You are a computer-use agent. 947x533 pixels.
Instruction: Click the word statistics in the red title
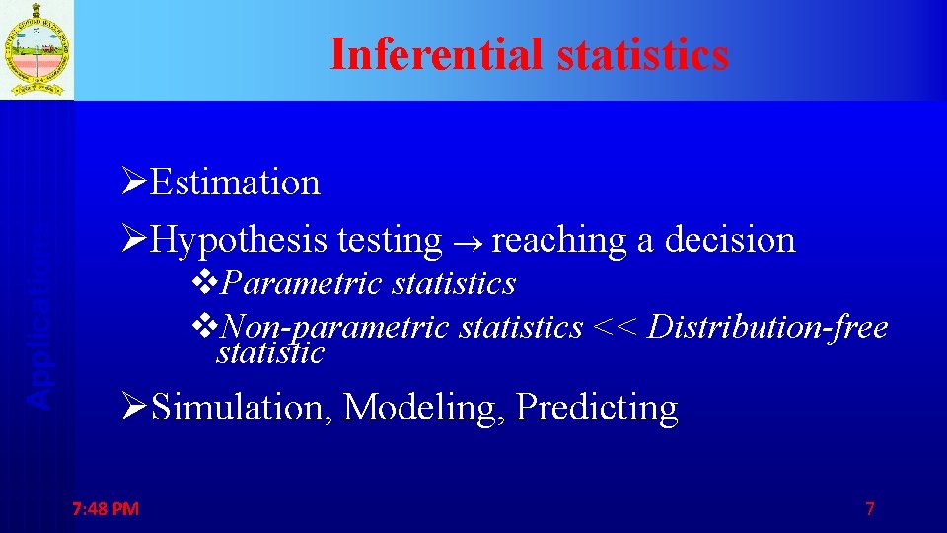642,54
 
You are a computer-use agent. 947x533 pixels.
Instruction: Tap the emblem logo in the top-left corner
36,49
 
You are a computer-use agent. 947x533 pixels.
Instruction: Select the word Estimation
237,183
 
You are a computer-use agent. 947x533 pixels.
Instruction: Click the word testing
390,240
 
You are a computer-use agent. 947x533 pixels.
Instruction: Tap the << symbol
616,327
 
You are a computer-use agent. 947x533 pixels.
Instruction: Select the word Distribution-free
768,327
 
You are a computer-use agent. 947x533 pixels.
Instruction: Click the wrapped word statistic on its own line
270,353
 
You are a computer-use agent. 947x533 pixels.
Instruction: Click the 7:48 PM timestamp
106,509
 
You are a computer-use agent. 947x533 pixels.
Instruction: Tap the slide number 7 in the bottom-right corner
869,509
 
